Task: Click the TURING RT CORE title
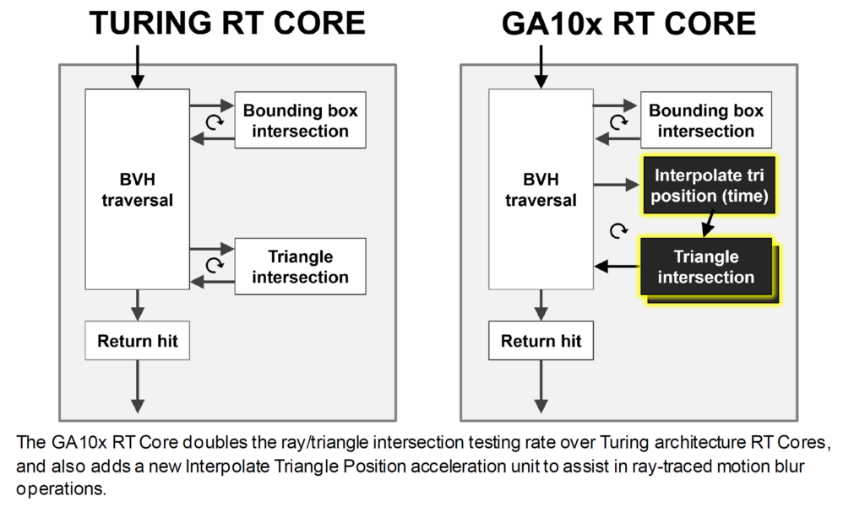click(x=227, y=23)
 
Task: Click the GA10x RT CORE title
click(x=628, y=24)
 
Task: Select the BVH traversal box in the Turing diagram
click(x=138, y=189)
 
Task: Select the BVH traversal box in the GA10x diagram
click(x=541, y=189)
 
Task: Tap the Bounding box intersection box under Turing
click(x=300, y=120)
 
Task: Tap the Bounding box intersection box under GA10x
click(x=706, y=120)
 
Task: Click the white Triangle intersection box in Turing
click(x=300, y=267)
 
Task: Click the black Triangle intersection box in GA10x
click(x=707, y=267)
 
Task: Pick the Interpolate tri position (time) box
click(x=710, y=185)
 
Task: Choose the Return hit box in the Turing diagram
click(x=138, y=341)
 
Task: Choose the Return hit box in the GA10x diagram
click(x=541, y=341)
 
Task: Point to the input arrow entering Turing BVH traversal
click(x=138, y=67)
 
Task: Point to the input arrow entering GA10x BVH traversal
click(x=541, y=67)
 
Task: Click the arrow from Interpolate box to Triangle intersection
click(x=709, y=225)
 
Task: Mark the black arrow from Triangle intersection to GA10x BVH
click(x=617, y=267)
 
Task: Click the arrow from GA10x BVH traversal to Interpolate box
click(x=617, y=185)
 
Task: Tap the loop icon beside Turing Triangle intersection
click(x=215, y=266)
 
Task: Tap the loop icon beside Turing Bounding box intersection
click(x=215, y=121)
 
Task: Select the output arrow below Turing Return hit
click(x=138, y=386)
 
